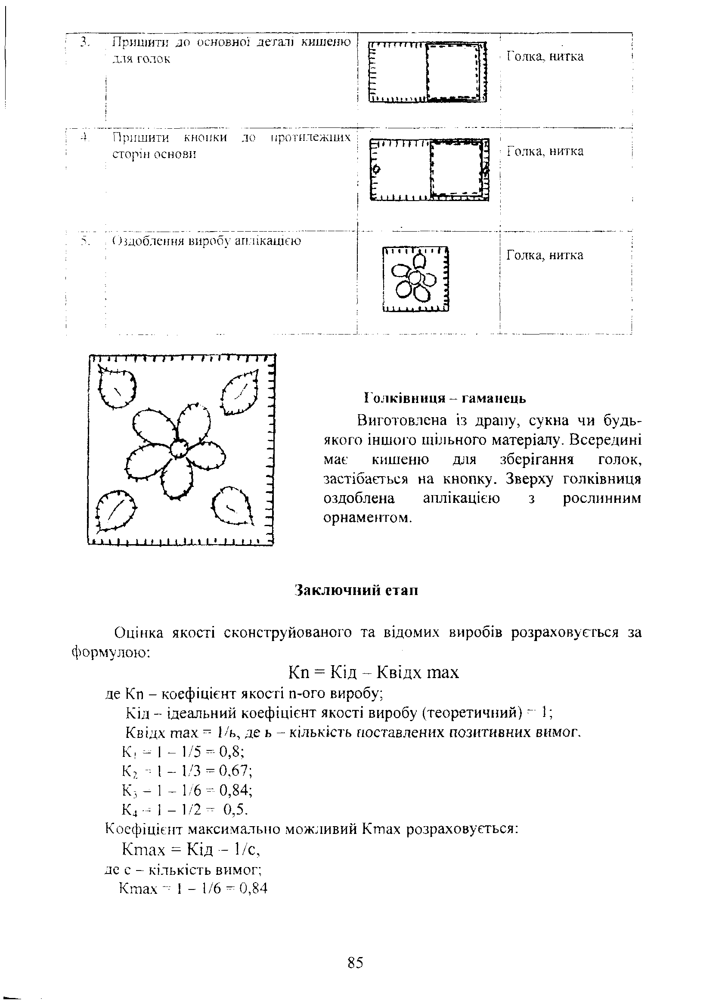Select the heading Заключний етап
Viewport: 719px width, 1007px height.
356,591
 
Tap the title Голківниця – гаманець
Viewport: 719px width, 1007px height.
445,398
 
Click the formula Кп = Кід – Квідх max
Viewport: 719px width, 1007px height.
373,672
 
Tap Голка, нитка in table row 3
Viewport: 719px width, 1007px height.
545,56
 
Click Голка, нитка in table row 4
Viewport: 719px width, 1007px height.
545,152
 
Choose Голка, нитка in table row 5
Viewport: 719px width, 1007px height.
545,255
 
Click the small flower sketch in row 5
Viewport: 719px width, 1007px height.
415,279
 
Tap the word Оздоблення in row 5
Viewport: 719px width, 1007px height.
145,242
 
